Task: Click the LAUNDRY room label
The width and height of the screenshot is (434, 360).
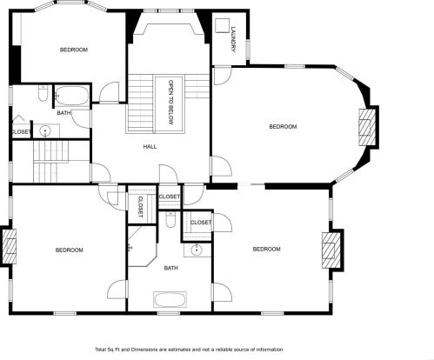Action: click(x=233, y=39)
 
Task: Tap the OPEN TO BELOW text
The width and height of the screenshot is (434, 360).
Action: click(x=170, y=102)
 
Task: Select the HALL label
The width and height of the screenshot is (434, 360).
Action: click(x=150, y=147)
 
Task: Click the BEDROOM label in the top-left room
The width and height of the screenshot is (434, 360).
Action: click(x=74, y=50)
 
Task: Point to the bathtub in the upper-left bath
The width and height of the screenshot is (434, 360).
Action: click(x=72, y=95)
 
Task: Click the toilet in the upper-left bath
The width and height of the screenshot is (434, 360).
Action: click(x=43, y=93)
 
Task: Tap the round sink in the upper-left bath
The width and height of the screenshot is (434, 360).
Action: click(x=45, y=131)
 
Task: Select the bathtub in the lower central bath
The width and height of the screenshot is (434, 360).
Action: click(x=170, y=300)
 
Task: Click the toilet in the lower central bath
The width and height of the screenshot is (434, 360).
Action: click(x=170, y=220)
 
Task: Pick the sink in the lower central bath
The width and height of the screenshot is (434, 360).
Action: click(x=197, y=250)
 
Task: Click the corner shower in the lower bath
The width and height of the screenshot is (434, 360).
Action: click(x=143, y=246)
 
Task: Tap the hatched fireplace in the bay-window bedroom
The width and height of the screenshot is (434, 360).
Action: click(x=367, y=127)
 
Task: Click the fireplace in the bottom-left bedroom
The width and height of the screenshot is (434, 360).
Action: click(x=10, y=246)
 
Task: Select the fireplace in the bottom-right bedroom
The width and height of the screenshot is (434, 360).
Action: click(x=331, y=250)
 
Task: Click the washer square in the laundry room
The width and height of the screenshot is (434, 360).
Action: click(x=223, y=25)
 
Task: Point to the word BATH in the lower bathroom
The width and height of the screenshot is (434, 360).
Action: click(x=171, y=268)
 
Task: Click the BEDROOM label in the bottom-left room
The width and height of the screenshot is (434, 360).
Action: click(x=70, y=250)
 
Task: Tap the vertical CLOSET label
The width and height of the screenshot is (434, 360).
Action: click(x=140, y=207)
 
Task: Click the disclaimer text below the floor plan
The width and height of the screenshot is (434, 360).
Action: click(x=189, y=350)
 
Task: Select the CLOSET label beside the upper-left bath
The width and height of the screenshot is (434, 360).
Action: click(x=21, y=132)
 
